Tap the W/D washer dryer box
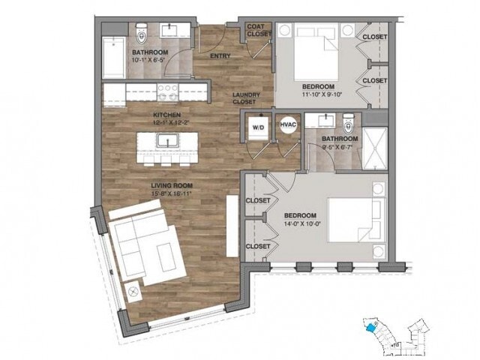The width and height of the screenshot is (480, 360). point(258,127)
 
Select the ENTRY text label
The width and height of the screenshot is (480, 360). point(220,56)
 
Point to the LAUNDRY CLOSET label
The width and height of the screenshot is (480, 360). point(246,97)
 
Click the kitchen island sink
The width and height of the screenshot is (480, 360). point(165,139)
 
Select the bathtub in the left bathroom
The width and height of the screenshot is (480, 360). point(115,56)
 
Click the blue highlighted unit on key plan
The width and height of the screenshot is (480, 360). point(369,326)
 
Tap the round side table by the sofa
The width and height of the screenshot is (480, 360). point(135,291)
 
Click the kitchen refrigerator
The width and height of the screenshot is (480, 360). point(114,94)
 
